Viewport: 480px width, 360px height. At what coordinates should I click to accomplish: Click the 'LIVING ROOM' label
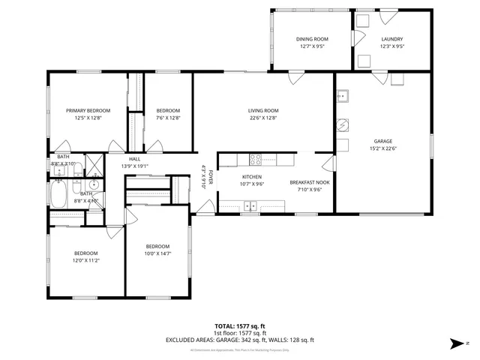pos(263,110)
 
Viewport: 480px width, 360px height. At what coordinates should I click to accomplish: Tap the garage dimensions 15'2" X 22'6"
pos(383,148)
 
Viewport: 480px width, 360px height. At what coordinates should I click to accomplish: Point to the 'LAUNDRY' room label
pos(391,39)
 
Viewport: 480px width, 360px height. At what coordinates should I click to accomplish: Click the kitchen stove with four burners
pos(255,158)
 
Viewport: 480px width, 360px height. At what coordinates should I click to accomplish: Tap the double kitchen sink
pos(250,205)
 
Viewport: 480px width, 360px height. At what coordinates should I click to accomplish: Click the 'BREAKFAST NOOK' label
pos(309,182)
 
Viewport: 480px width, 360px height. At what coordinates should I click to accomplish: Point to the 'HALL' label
pos(134,159)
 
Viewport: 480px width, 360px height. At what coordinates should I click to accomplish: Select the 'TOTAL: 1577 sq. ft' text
pos(240,325)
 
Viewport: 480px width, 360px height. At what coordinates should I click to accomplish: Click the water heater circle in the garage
pos(341,125)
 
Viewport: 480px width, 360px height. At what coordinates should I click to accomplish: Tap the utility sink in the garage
pos(343,96)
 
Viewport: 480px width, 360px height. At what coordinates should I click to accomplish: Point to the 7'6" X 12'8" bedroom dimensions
pos(168,118)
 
